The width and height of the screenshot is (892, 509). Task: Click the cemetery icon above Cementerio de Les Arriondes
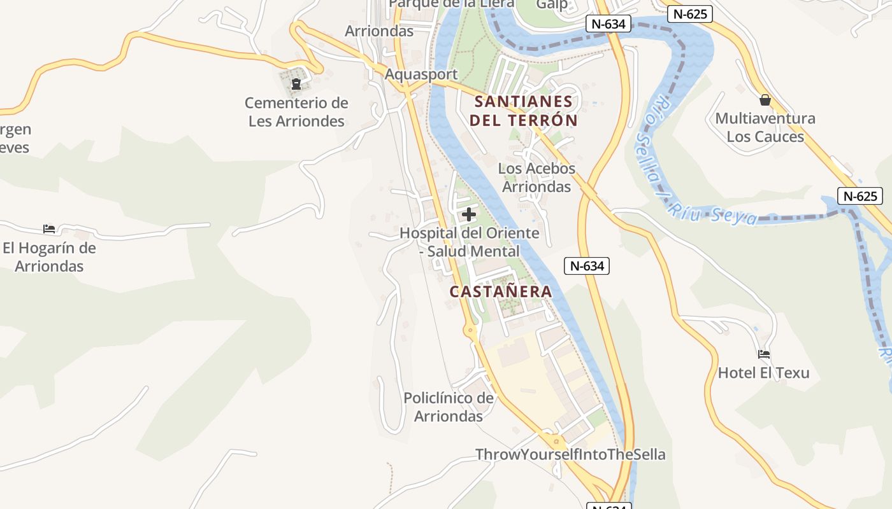tap(296, 83)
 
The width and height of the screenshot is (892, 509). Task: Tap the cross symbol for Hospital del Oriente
tap(469, 214)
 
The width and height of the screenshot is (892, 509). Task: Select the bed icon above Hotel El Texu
tap(764, 354)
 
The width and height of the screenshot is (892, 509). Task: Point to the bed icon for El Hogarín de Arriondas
tap(49, 229)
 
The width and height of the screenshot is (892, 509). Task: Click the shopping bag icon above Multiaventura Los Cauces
tap(765, 100)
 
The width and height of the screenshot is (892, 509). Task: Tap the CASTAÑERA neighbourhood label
tap(501, 291)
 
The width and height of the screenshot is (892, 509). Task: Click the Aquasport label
tap(421, 74)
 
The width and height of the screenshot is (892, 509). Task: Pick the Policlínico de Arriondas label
tap(449, 407)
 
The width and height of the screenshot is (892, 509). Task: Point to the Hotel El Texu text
tap(763, 373)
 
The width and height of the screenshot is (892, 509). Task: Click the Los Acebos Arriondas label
tap(536, 178)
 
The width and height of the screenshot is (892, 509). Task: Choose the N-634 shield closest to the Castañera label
tap(587, 266)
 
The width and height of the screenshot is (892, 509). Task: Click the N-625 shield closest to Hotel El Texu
tap(860, 197)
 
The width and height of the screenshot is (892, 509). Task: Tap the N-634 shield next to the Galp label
tap(608, 24)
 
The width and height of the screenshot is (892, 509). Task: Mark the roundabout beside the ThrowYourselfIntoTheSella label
tap(556, 440)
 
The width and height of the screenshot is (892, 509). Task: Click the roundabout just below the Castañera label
tap(471, 330)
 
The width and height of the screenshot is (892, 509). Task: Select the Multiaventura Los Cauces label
tap(765, 127)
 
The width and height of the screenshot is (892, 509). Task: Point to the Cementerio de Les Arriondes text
tap(296, 112)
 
